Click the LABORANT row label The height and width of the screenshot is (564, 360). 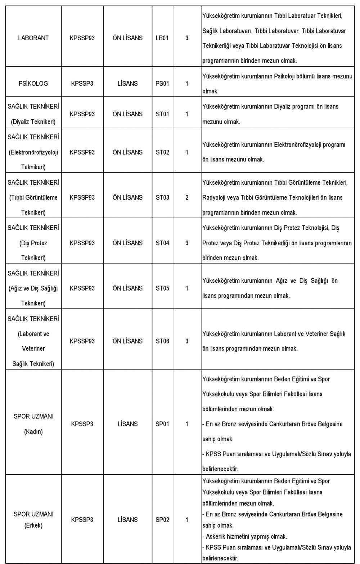(33, 38)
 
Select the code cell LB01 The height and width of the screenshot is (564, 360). (162, 38)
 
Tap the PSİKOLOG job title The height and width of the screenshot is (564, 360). (33, 84)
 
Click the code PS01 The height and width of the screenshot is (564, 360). (162, 84)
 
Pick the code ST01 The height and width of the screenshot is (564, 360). (162, 114)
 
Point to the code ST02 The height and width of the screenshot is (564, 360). (162, 152)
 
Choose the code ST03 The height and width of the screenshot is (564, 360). (162, 198)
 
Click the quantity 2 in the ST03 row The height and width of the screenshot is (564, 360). (187, 198)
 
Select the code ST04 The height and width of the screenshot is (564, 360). (162, 243)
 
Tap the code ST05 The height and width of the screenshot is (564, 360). (162, 288)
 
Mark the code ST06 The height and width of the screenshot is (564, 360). (162, 341)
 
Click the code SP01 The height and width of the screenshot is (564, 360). (162, 424)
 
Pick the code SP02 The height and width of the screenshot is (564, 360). (162, 520)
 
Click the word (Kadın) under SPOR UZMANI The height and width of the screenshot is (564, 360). (33, 432)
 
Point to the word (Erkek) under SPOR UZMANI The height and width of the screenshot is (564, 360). (33, 525)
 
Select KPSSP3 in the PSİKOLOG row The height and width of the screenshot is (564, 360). (82, 84)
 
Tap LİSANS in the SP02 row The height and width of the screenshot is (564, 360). (127, 520)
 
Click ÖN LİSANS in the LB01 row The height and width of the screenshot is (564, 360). (127, 38)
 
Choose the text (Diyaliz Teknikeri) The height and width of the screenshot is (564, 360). (33, 122)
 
